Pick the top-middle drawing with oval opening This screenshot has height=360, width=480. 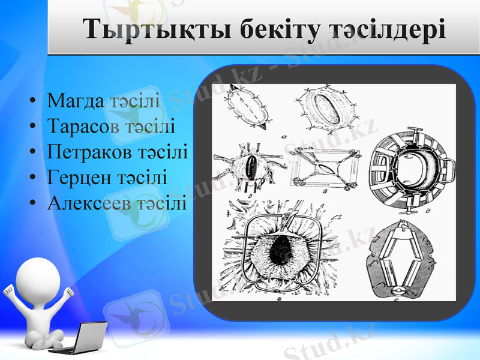pos(327,109)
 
